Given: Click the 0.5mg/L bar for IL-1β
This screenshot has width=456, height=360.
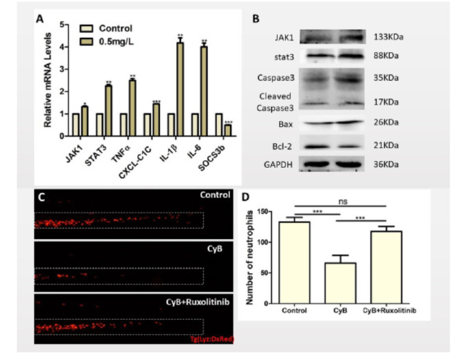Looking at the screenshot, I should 180,89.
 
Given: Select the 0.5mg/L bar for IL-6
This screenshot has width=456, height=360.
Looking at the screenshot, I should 204,91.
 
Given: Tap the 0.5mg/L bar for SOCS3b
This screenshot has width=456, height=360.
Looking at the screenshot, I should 227,130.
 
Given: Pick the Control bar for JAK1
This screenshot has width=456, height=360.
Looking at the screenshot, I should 75,125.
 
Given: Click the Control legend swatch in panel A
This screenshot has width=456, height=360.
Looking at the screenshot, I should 86,28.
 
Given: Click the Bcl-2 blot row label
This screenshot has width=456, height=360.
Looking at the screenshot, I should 282,145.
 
